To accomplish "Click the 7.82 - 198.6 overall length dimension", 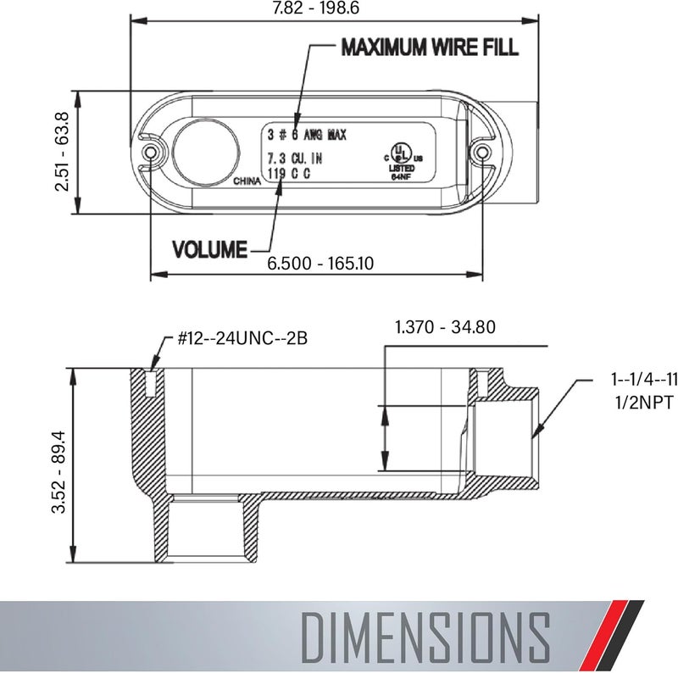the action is [x=315, y=8].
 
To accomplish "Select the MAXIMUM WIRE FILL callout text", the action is [x=430, y=47].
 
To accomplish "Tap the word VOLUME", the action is [x=209, y=249].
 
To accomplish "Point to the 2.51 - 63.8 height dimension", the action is [x=62, y=152].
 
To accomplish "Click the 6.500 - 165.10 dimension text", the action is [x=320, y=263].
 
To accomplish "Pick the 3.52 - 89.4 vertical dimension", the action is [x=58, y=472].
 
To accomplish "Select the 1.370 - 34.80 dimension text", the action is [x=446, y=327].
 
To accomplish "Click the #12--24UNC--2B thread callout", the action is [x=242, y=338].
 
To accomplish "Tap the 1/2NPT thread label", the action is [x=644, y=403].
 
